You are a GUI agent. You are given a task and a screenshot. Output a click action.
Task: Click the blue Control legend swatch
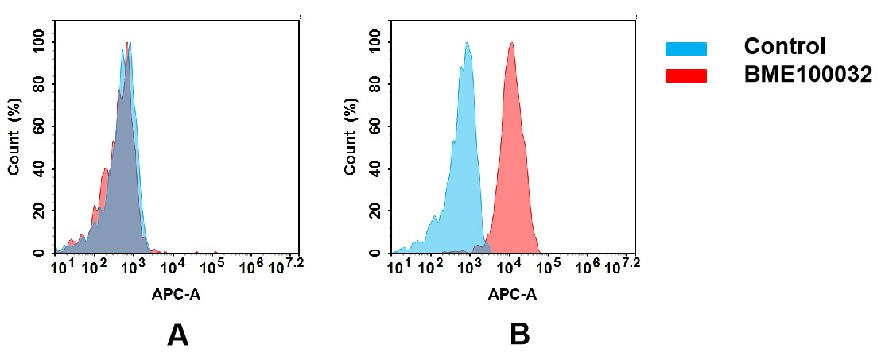685,49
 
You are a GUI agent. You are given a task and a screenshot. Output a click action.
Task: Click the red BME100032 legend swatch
685,75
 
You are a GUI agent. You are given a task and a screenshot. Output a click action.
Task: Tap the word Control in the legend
784,47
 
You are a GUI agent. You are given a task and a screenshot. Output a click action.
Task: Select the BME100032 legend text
808,75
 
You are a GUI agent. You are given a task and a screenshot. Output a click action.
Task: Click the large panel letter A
177,335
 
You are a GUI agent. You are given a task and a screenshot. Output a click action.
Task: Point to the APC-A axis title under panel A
176,295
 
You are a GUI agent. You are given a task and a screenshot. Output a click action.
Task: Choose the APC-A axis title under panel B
512,295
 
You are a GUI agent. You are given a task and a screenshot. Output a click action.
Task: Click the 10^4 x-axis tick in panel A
173,267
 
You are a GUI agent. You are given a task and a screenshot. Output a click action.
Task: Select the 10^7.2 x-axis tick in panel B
623,266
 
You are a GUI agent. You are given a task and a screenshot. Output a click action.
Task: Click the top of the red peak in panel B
511,44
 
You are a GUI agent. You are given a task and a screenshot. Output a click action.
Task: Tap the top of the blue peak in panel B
467,44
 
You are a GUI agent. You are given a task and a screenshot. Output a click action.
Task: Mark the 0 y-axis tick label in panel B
376,253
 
